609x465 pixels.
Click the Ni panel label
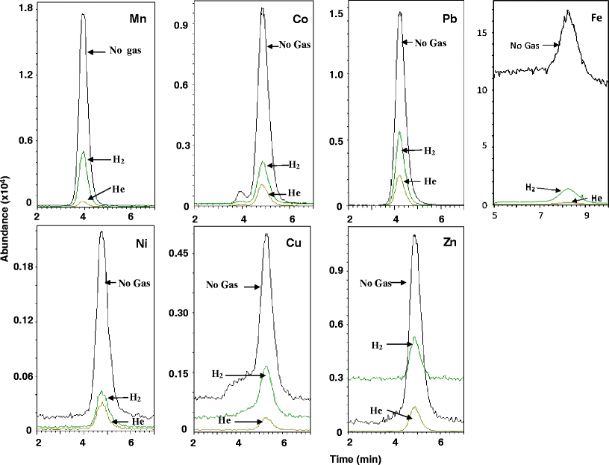[136, 243]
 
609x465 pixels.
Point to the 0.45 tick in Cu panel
[180, 253]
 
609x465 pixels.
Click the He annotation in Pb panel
[430, 181]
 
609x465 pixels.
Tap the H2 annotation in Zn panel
[379, 346]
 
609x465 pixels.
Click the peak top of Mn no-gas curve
[83, 14]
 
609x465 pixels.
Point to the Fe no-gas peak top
[568, 10]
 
